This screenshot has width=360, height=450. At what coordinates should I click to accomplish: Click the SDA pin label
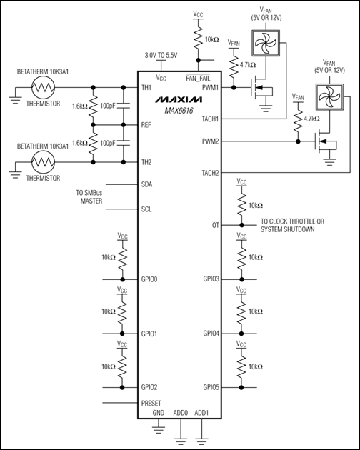(x=148, y=184)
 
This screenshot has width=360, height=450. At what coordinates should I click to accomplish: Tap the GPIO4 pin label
(x=212, y=334)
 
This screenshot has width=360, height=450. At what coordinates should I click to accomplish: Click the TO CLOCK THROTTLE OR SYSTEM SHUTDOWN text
(x=293, y=226)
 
